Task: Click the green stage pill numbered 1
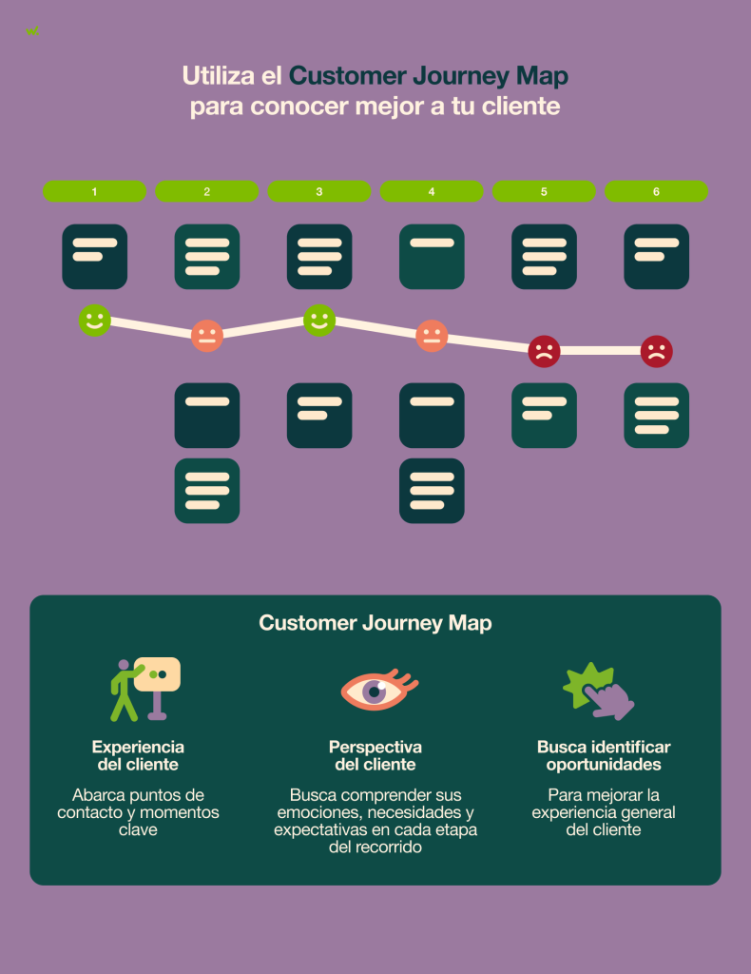point(94,191)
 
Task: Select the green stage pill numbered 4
point(432,191)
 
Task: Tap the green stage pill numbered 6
point(656,191)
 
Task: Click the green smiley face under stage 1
point(94,321)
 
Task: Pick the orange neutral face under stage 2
point(206,336)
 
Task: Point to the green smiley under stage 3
point(319,321)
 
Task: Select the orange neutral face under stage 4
point(432,336)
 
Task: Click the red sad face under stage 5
point(544,351)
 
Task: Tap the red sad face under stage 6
point(656,351)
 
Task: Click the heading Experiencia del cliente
point(138,755)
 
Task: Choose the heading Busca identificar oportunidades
point(604,755)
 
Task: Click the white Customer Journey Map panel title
point(375,623)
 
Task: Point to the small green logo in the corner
point(32,30)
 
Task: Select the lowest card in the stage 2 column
point(207,491)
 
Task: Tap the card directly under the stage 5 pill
point(544,257)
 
